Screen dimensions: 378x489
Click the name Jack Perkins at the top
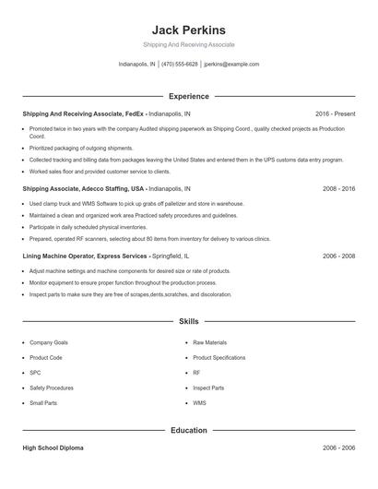189,30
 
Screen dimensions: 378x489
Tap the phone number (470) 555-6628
180,65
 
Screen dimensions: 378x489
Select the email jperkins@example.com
231,65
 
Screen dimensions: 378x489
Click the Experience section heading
189,96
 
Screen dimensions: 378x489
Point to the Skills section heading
189,321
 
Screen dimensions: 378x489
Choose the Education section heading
189,430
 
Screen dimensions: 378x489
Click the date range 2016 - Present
335,113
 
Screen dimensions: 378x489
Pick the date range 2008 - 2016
338,188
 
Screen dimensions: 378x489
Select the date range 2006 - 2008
338,256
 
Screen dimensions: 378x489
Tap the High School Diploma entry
53,447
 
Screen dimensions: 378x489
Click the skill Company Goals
48,342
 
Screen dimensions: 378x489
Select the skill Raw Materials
209,342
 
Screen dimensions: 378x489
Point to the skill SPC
35,373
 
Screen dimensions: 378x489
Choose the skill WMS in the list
199,403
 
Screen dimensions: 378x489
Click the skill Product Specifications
219,357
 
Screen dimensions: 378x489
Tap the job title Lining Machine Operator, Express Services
85,256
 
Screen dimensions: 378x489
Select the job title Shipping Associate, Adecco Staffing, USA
84,188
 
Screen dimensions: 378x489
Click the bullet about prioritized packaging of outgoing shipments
81,148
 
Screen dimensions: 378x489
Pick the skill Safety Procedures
52,388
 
